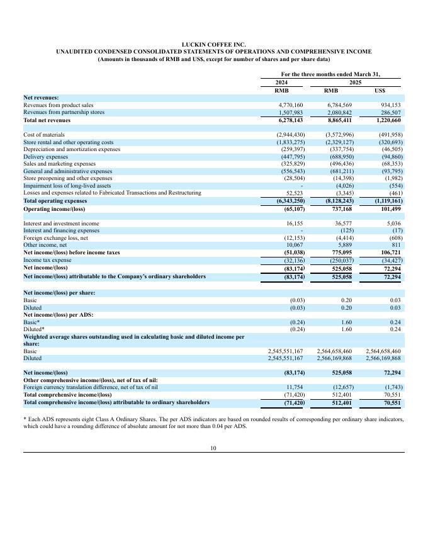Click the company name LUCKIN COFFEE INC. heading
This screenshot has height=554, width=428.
[213, 44]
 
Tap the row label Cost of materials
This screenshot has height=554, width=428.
[44, 135]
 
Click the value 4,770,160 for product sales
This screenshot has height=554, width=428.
[291, 105]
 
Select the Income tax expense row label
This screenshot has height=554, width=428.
[48, 259]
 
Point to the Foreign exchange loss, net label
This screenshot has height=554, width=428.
[55, 238]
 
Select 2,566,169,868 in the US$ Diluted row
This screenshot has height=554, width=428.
[383, 358]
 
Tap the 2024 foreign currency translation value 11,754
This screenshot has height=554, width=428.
[295, 387]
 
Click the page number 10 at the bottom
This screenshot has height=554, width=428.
[213, 448]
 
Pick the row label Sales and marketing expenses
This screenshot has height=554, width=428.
[59, 164]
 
